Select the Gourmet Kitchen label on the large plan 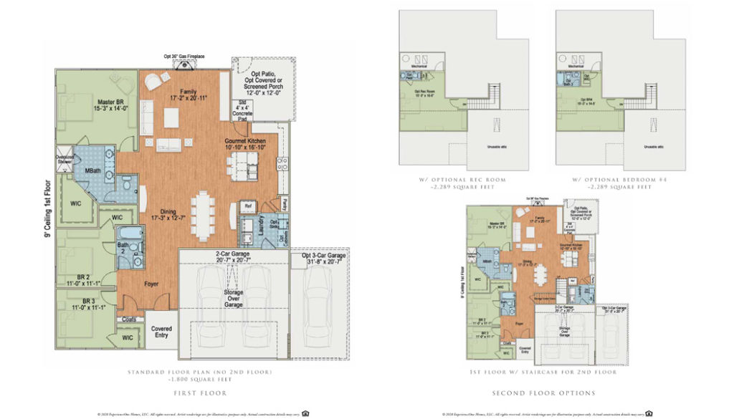pyautogui.click(x=245, y=142)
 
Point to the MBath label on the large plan pyautogui.click(x=92, y=170)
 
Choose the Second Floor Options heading pyautogui.click(x=543, y=393)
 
